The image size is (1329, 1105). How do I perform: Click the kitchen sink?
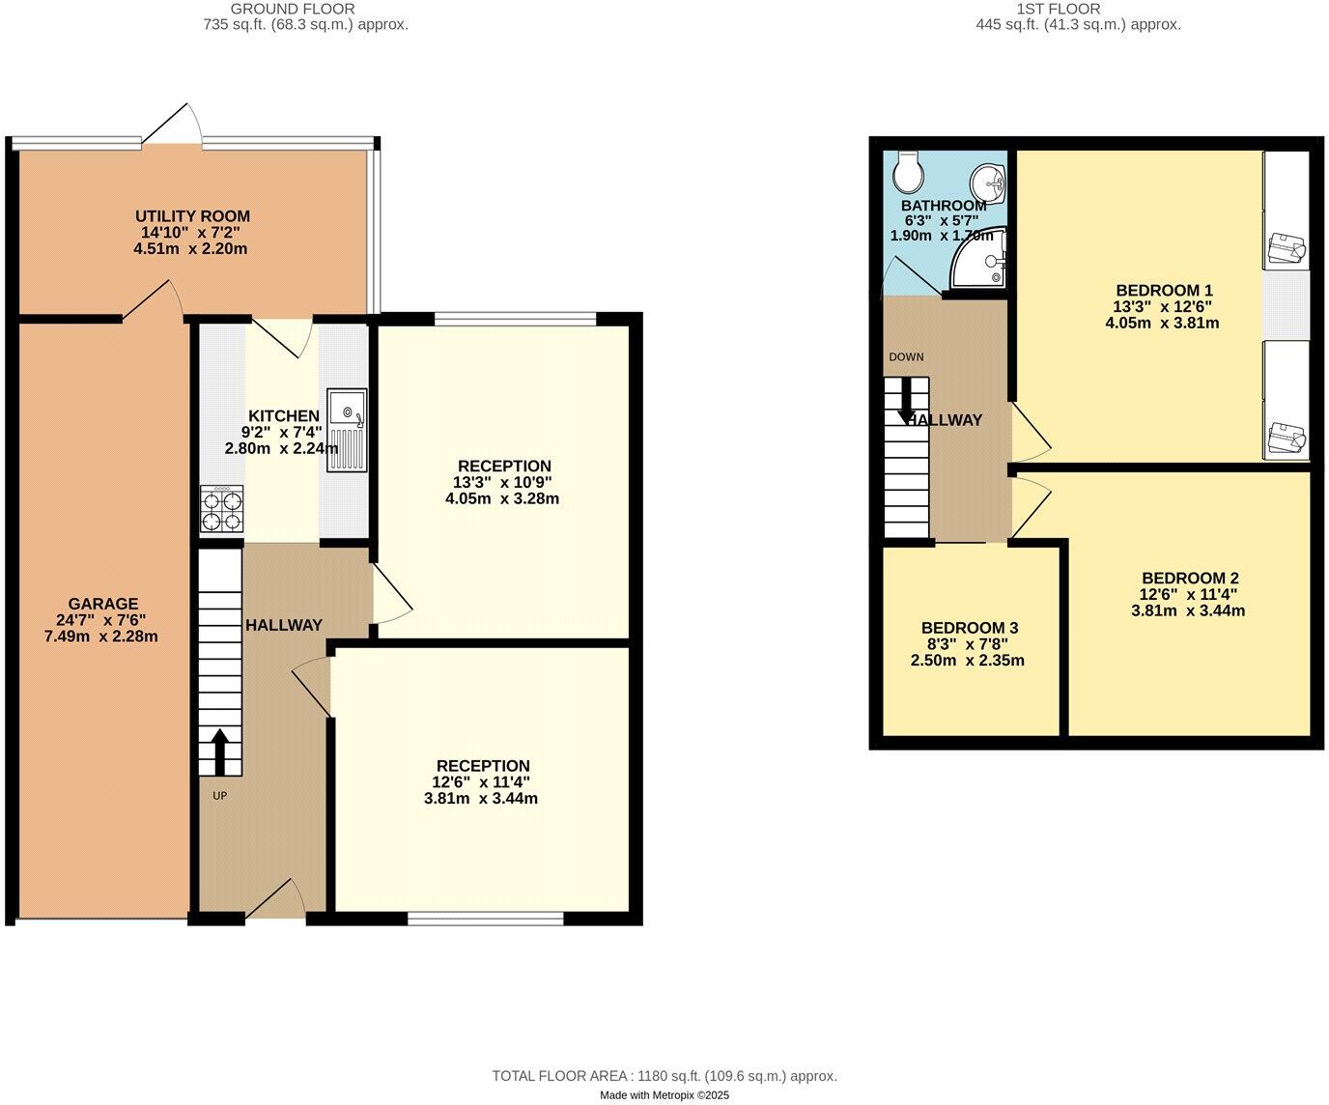347,430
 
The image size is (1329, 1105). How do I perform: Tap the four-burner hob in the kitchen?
222,510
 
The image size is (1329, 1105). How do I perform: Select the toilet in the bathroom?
909,172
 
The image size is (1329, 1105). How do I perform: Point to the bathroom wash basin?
988,181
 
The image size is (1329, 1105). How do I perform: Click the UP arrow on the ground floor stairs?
219,752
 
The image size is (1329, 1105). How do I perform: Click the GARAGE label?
102,604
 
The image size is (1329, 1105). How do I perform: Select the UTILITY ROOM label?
192,216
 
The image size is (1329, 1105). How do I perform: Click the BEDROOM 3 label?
969,628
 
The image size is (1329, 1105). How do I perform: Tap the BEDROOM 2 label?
1189,578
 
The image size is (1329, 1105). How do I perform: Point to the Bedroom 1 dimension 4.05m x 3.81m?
1162,323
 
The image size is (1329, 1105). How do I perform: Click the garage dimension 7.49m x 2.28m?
101,637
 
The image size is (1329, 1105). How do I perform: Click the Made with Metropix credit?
664,1095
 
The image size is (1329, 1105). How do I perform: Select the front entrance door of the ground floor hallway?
276,903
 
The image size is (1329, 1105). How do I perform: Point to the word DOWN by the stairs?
906,356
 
